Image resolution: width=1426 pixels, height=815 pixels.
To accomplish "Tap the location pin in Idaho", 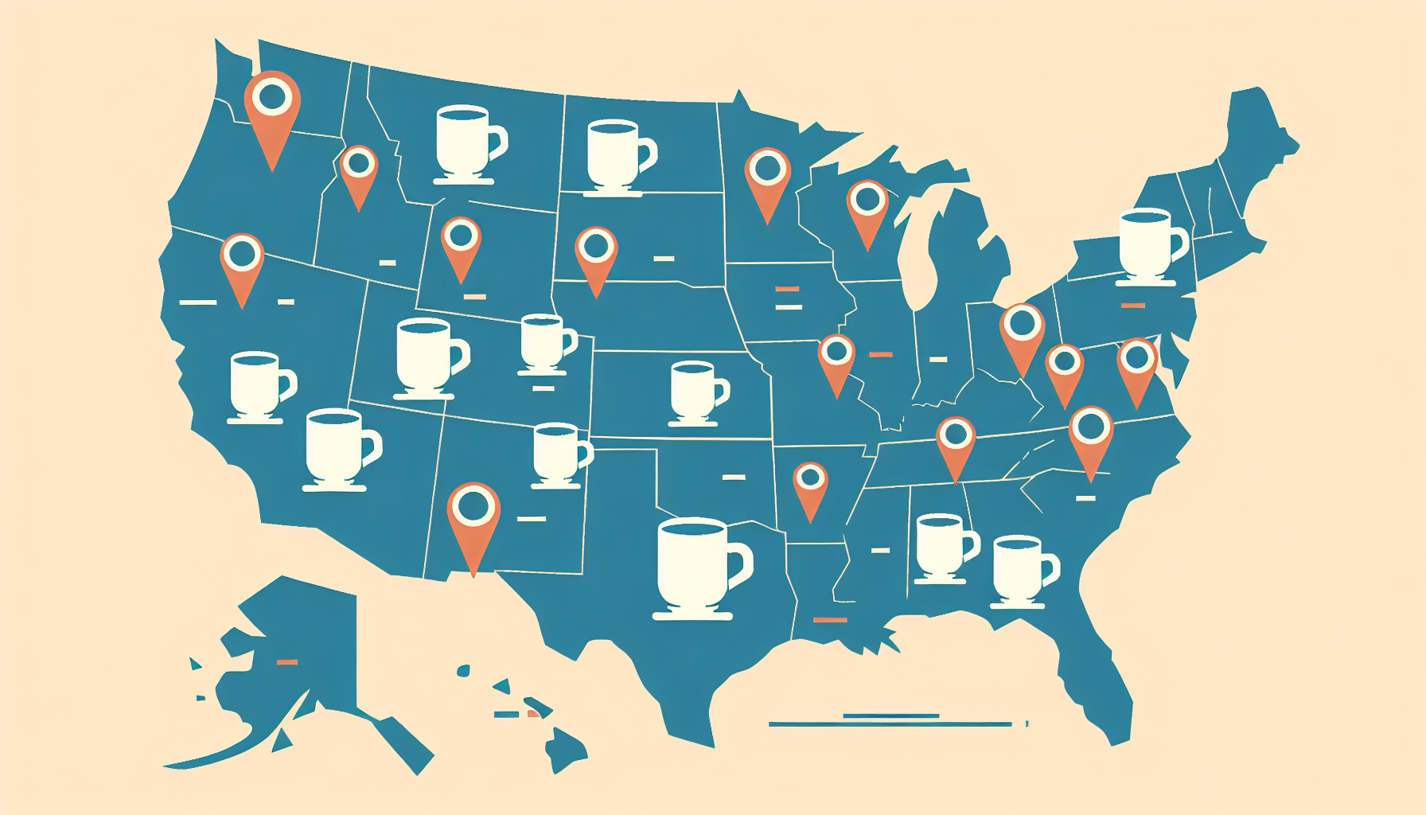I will coord(359,170).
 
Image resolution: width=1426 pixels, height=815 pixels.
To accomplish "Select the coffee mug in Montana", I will coord(467,143).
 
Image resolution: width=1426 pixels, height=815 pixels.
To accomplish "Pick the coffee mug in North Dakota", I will coord(618,154).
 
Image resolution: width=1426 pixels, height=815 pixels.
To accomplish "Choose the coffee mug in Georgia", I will coord(1021,570).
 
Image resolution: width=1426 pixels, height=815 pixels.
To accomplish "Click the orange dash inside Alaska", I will coord(286,661).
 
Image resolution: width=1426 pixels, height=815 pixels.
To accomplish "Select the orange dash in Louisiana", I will coord(830,620).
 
